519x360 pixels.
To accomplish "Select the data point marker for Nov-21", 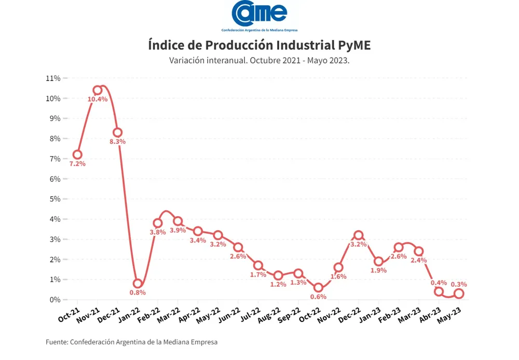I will pyautogui.click(x=98, y=90).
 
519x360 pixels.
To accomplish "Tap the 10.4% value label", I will pyautogui.click(x=98, y=99).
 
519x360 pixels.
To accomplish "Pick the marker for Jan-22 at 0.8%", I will pyautogui.click(x=138, y=284).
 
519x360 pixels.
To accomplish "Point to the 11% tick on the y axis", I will pyautogui.click(x=54, y=78).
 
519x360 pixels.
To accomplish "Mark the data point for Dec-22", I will pyautogui.click(x=358, y=235).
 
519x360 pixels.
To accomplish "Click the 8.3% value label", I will pyautogui.click(x=117, y=141).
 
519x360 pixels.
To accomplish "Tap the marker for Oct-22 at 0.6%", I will pyautogui.click(x=318, y=288).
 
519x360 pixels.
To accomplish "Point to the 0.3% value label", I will pyautogui.click(x=459, y=284).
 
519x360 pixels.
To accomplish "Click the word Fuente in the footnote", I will pyautogui.click(x=56, y=342).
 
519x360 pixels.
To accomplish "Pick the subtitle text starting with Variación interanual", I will pyautogui.click(x=259, y=60).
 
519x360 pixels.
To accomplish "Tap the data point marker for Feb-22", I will pyautogui.click(x=158, y=223).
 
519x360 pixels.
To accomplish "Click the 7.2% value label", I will pyautogui.click(x=77, y=164).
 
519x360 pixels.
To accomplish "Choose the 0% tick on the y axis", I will pyautogui.click(x=56, y=300).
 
